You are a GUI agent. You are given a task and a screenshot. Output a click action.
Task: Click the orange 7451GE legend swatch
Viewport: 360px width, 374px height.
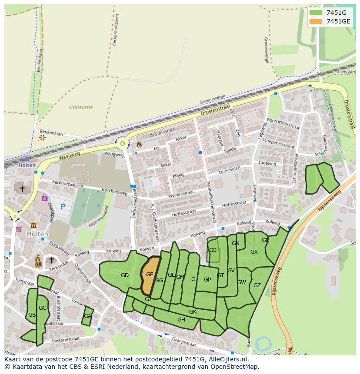[316, 21]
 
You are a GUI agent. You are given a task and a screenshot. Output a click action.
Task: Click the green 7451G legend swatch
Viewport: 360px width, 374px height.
[316, 12]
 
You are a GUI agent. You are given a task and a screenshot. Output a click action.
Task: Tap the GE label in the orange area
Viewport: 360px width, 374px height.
[150, 274]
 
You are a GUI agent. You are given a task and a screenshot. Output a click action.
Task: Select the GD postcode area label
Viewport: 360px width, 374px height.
[125, 275]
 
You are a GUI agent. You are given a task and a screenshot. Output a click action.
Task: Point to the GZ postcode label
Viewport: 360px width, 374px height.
[257, 285]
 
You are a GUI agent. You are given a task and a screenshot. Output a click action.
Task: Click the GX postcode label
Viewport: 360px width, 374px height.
[254, 252]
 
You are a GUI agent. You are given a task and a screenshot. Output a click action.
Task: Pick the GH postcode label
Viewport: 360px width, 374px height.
[181, 320]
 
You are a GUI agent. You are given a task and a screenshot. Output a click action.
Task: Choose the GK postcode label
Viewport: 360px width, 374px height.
[193, 312]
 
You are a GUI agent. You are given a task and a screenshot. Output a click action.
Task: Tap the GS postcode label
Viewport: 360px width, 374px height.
[213, 250]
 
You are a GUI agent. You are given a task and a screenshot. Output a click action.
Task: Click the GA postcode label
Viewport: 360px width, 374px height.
[88, 316]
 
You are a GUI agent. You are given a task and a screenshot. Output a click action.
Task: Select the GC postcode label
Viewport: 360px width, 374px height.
[42, 308]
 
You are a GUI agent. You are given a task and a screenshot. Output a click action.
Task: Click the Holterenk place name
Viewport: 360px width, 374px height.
[80, 106]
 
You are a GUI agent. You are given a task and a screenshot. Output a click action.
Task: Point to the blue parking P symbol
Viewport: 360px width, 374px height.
[63, 207]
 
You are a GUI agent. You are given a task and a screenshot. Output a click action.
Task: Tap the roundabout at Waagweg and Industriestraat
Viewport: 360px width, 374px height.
[123, 143]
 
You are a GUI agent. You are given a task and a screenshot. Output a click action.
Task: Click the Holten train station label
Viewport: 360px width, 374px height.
[27, 165]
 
